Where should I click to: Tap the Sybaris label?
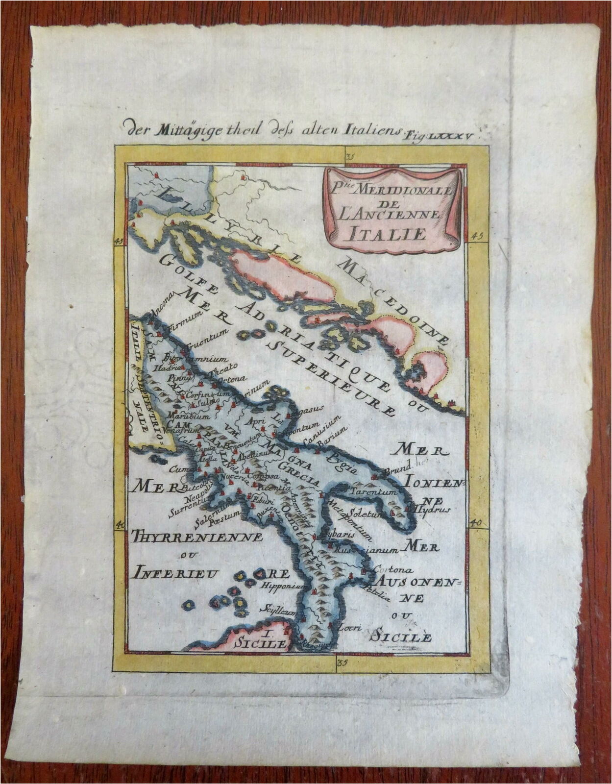(x=337, y=535)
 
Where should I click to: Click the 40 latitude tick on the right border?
(x=474, y=524)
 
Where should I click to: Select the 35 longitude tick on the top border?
(x=349, y=157)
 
